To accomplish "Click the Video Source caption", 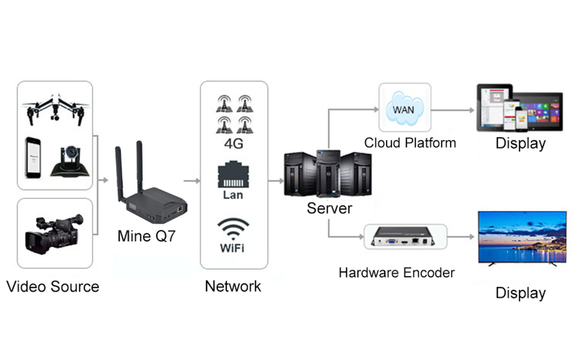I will coord(52,286).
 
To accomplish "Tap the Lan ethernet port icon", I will coord(233,176).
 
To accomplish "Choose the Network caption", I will coord(233,286).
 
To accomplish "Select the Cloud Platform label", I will coord(410,143).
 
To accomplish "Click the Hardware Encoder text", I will coord(396,272).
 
